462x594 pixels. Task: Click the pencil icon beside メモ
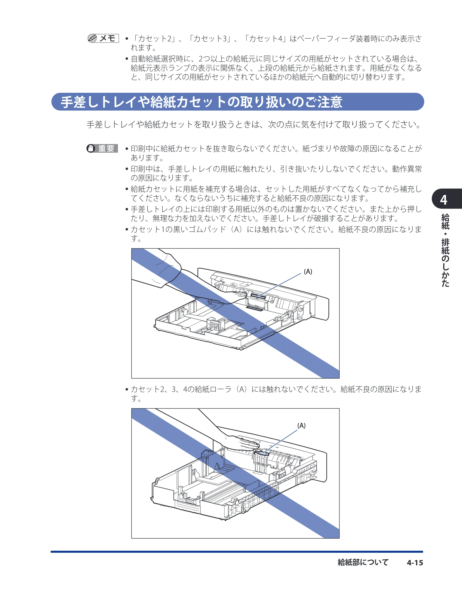point(92,38)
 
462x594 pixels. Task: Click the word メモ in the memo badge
point(107,38)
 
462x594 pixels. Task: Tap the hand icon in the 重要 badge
point(91,148)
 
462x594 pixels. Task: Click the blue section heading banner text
point(201,102)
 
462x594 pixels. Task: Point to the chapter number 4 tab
point(444,200)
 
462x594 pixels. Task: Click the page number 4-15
point(415,563)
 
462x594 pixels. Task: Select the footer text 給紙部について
point(363,562)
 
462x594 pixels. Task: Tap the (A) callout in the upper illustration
point(308,271)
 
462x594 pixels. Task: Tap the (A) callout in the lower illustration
point(301,426)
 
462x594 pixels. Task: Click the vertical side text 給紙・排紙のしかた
point(445,250)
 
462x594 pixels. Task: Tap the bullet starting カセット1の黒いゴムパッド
point(274,234)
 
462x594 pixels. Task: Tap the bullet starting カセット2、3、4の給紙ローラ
point(274,394)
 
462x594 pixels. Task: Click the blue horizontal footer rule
point(237,552)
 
